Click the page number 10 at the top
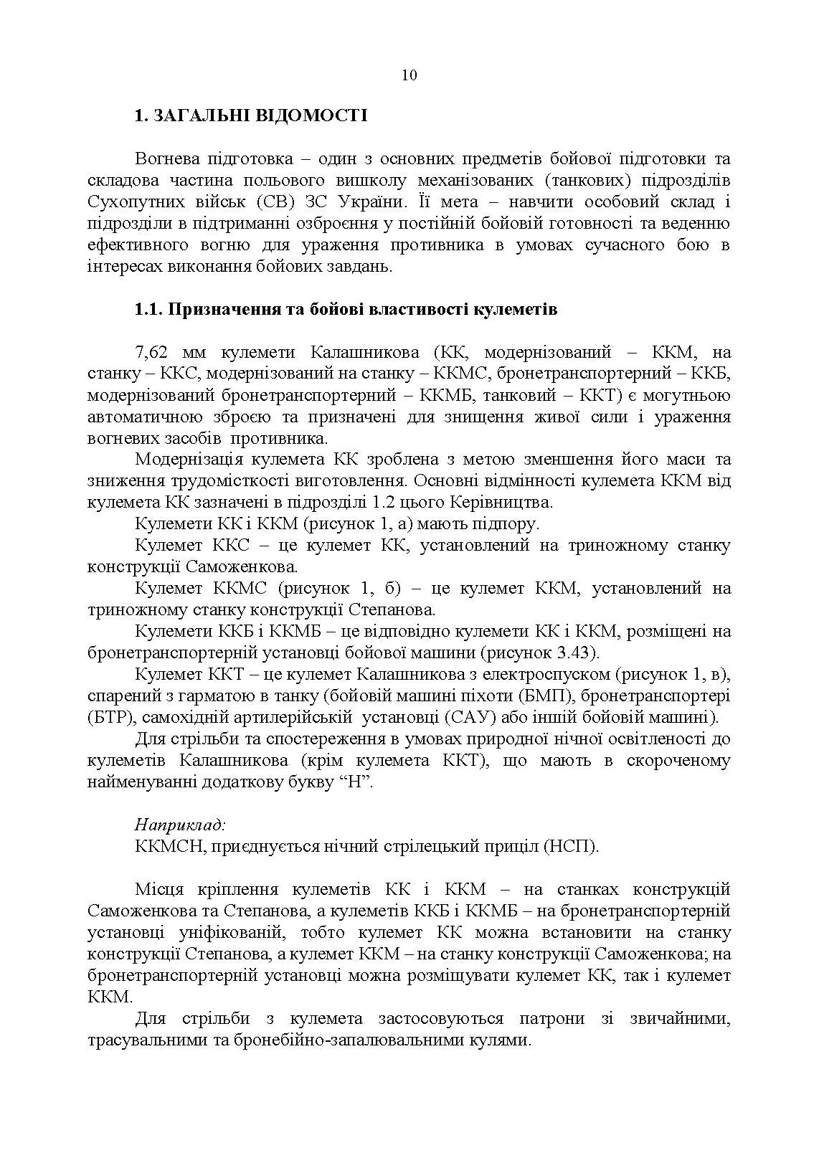coord(409,76)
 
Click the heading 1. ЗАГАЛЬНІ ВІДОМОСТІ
coord(250,115)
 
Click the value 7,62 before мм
coord(151,352)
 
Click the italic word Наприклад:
coord(180,825)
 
